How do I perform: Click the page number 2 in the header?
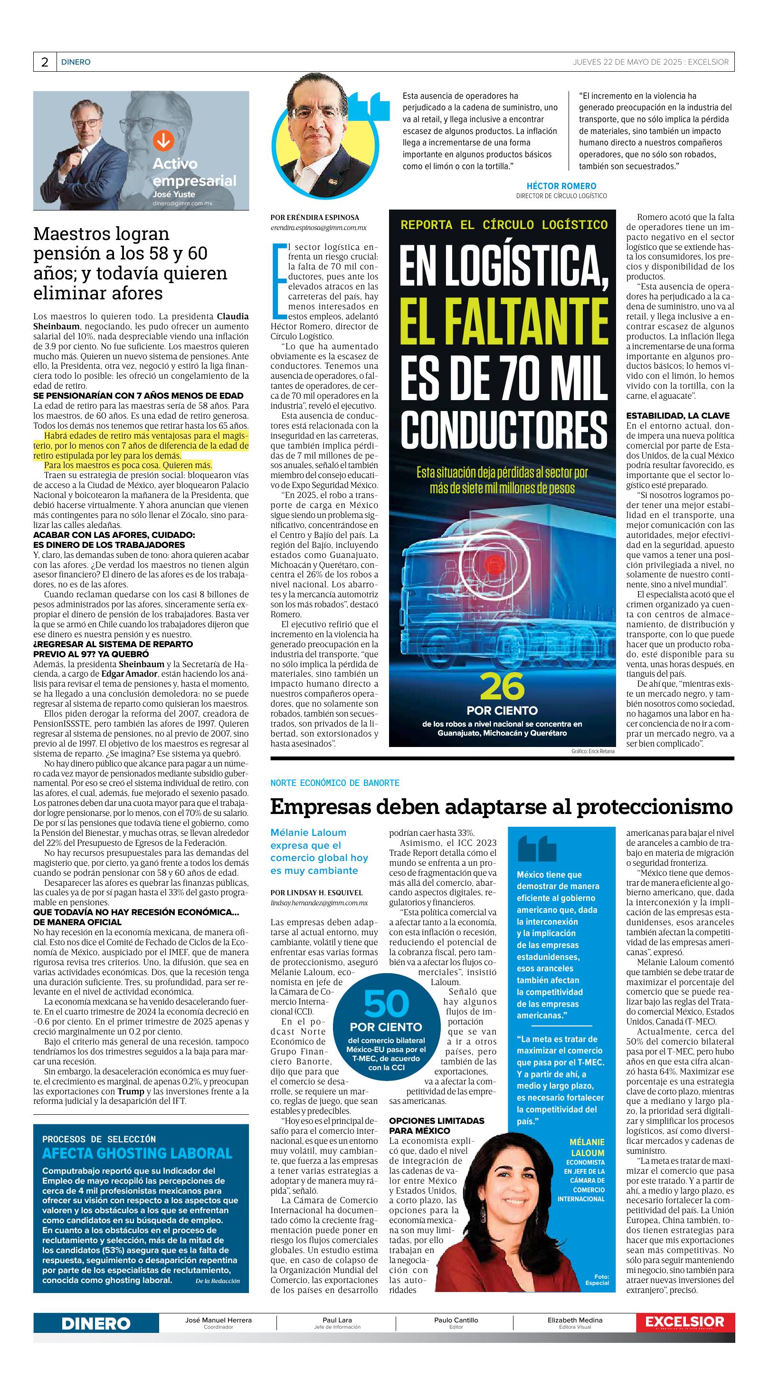(x=45, y=62)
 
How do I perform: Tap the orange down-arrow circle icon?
(x=162, y=141)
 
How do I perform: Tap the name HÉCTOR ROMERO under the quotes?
(x=561, y=186)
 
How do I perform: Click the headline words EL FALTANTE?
(x=503, y=320)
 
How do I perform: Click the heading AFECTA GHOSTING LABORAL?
(x=137, y=1153)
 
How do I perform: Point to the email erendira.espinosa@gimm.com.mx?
(x=318, y=228)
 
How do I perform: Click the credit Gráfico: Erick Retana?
(x=592, y=752)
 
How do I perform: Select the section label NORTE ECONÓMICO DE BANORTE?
(x=335, y=783)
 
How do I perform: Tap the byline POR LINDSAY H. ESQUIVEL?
(x=316, y=893)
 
